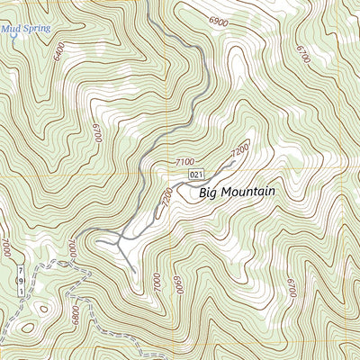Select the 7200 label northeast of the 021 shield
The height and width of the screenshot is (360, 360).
[239, 155]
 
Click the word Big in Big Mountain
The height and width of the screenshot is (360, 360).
[209, 192]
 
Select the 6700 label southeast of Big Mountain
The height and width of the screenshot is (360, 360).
[291, 287]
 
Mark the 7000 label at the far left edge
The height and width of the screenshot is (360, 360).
[5, 245]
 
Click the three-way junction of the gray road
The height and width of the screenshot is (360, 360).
[120, 240]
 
